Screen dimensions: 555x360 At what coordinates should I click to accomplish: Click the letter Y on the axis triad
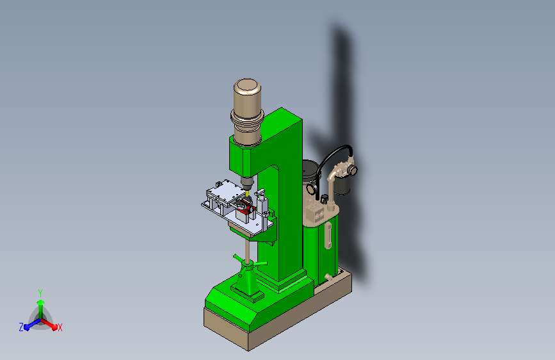[x=40, y=293]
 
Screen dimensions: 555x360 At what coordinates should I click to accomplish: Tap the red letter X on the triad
[x=60, y=328]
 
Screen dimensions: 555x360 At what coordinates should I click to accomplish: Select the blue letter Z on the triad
[x=21, y=327]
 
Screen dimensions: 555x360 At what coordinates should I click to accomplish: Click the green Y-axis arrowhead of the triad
[x=41, y=302]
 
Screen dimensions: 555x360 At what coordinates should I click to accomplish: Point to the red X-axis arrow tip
[x=54, y=327]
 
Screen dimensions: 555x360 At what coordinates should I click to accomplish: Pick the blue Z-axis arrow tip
[x=27, y=327]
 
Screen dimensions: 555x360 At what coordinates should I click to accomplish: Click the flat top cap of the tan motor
[x=248, y=85]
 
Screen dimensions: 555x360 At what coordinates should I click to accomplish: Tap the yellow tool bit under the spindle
[x=247, y=194]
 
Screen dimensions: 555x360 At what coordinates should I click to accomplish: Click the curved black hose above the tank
[x=331, y=153]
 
